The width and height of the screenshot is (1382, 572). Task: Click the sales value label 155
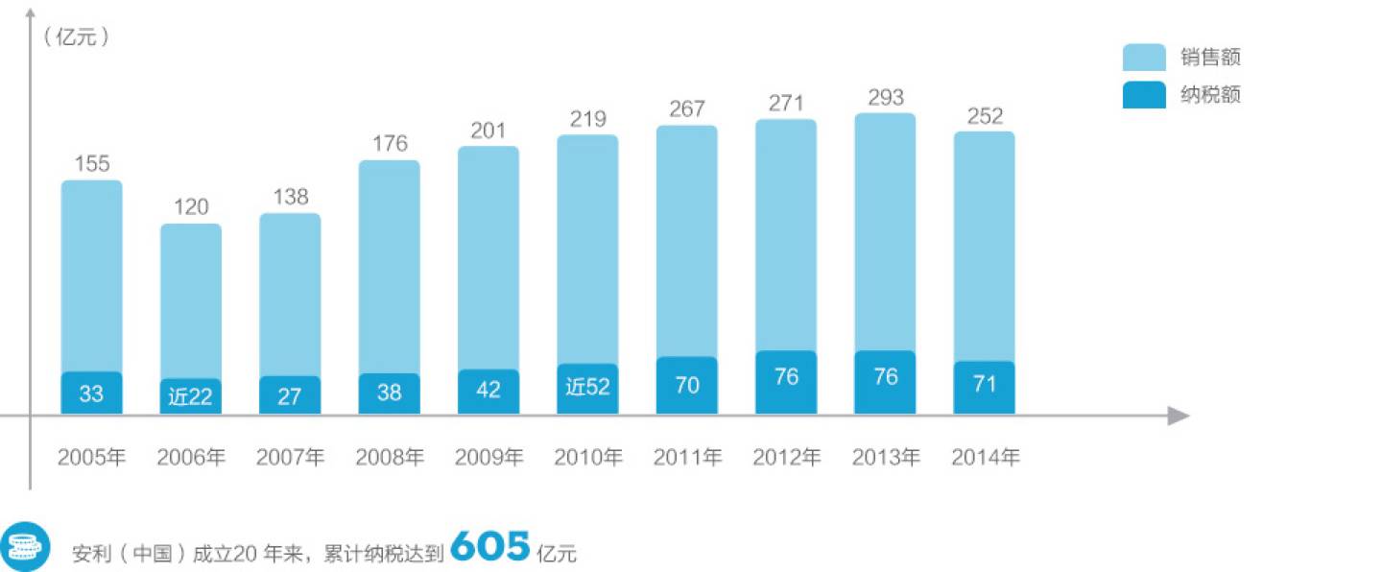point(92,163)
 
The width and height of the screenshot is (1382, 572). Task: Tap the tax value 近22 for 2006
point(190,396)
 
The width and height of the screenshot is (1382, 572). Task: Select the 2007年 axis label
point(290,458)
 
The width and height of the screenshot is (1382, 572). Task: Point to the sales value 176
point(390,144)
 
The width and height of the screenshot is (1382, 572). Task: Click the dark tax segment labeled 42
point(488,392)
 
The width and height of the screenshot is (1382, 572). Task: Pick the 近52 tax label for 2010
point(587,388)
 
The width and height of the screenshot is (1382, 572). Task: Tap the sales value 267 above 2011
point(687,109)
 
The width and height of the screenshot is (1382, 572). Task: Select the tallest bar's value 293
point(885,98)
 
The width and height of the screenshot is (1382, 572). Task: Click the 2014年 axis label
point(985,458)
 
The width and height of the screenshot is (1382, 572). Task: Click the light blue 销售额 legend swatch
point(1144,58)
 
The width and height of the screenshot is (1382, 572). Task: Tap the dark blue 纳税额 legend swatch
point(1144,95)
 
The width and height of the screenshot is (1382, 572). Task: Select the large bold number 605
point(489,547)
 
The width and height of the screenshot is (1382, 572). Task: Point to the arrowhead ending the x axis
point(1179,416)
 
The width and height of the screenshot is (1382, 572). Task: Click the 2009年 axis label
point(488,458)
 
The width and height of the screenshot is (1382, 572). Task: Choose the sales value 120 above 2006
point(191,207)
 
